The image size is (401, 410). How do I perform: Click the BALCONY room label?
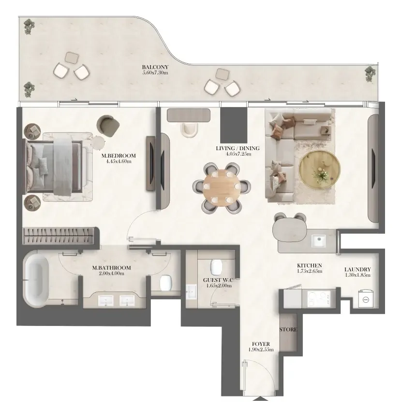(x=155, y=67)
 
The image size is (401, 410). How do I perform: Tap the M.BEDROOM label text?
(x=119, y=156)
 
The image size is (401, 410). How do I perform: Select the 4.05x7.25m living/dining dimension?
(x=238, y=154)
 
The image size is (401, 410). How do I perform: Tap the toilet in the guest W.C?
(x=216, y=268)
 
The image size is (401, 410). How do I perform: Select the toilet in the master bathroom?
(x=166, y=283)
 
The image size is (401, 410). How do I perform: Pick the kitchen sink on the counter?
(x=318, y=241)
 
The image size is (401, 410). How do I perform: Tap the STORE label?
(x=288, y=329)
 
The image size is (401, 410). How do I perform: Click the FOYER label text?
(x=261, y=344)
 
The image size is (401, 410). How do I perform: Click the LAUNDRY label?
(x=357, y=269)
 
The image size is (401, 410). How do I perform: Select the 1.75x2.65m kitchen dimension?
(x=310, y=271)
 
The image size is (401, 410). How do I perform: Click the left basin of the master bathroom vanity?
(x=106, y=301)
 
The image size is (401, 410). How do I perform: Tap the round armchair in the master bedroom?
(x=108, y=126)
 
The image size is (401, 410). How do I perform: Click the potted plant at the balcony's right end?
(x=370, y=73)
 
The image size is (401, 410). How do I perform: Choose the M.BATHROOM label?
(x=111, y=268)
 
